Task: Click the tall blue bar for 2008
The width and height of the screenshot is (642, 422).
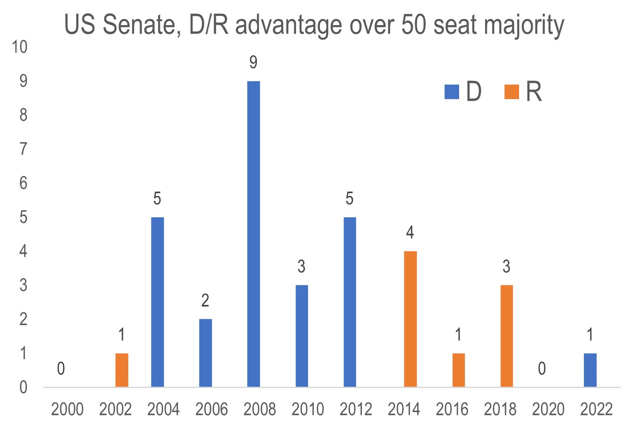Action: pyautogui.click(x=253, y=233)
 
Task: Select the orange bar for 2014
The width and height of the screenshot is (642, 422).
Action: pyautogui.click(x=410, y=319)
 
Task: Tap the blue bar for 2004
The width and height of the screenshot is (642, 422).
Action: pyautogui.click(x=157, y=302)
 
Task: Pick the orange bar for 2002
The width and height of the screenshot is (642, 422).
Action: pyautogui.click(x=122, y=370)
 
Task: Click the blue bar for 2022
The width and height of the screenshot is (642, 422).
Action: pyautogui.click(x=590, y=370)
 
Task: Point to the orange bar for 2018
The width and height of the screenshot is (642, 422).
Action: pyautogui.click(x=506, y=336)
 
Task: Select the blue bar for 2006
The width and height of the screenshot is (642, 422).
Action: pyautogui.click(x=205, y=353)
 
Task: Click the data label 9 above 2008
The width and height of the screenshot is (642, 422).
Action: pyautogui.click(x=253, y=63)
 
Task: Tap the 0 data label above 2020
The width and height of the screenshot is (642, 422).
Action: pyautogui.click(x=542, y=369)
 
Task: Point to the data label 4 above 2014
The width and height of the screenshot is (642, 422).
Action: pyautogui.click(x=410, y=233)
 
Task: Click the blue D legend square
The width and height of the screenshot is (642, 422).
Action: pyautogui.click(x=452, y=92)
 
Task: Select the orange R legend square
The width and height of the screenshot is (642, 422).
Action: pyautogui.click(x=512, y=92)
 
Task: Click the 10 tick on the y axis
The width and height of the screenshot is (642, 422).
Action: pyautogui.click(x=20, y=47)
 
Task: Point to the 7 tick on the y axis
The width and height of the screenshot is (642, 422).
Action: pyautogui.click(x=23, y=149)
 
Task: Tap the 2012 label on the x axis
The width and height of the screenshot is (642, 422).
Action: pyautogui.click(x=356, y=410)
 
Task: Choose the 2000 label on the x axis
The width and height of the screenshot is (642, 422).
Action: pyautogui.click(x=67, y=410)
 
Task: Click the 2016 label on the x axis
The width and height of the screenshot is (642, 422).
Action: pyautogui.click(x=452, y=410)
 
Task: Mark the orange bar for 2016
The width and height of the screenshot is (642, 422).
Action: pyautogui.click(x=458, y=370)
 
